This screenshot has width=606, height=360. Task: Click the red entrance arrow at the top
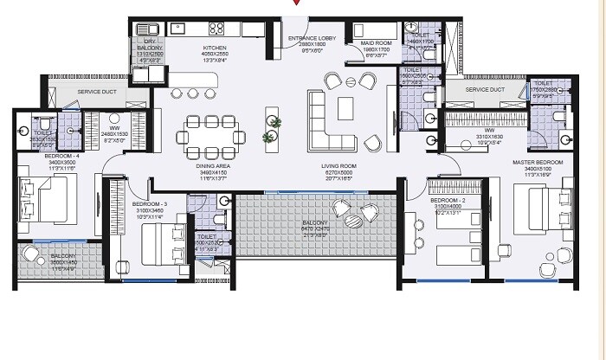[x=297, y=3]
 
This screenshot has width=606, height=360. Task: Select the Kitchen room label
[x=214, y=48]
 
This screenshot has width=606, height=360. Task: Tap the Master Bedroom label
[x=538, y=163]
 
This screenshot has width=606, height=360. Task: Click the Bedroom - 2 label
[x=448, y=201]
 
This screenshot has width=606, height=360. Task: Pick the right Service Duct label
[x=485, y=89]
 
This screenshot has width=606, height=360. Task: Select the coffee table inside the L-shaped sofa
[x=345, y=106]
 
